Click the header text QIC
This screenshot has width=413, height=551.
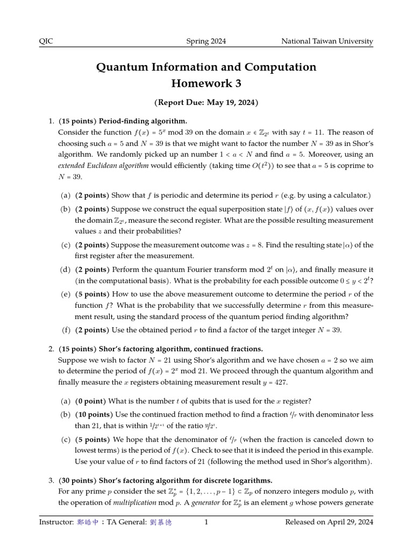pos(46,41)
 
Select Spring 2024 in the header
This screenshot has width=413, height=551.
pos(206,41)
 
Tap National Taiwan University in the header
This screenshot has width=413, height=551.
pos(327,41)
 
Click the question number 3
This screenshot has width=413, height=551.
pos(51,481)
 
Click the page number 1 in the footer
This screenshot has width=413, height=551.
pos(206,522)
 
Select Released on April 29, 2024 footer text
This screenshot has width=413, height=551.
pos(329,522)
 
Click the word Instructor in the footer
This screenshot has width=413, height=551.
pos(55,522)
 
